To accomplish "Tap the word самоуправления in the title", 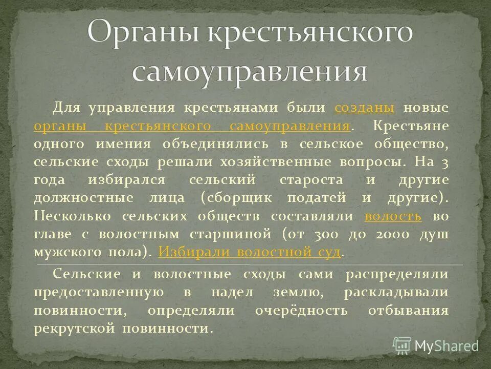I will (x=250, y=72).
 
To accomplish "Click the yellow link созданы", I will (x=364, y=108).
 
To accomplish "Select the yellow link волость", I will (x=393, y=216).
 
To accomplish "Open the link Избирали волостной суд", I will (x=250, y=252).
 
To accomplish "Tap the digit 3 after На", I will (x=445, y=162).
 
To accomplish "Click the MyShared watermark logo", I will (x=436, y=345).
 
